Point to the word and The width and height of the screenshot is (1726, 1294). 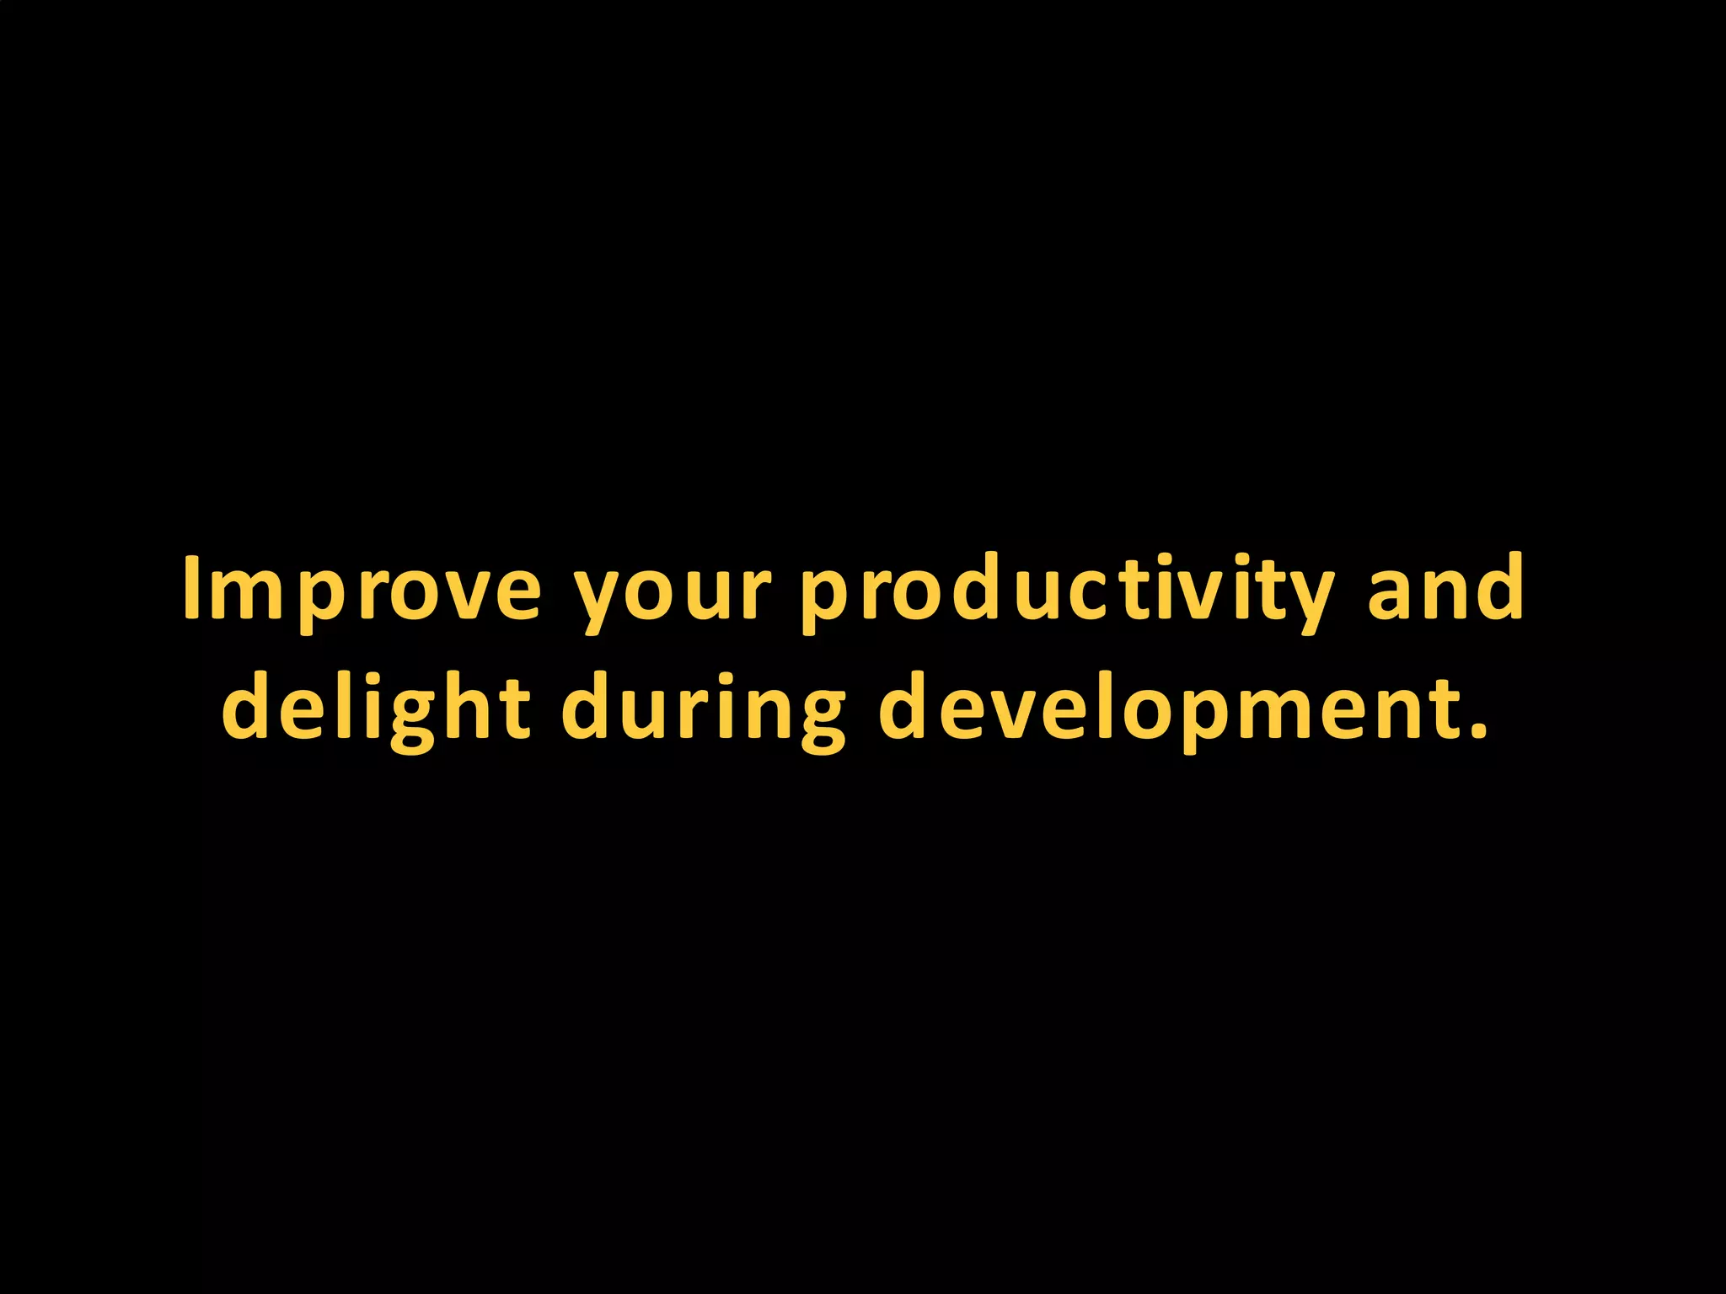pyautogui.click(x=1445, y=588)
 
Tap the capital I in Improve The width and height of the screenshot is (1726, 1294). pyautogui.click(x=191, y=587)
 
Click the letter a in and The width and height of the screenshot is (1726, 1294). pyautogui.click(x=1391, y=594)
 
